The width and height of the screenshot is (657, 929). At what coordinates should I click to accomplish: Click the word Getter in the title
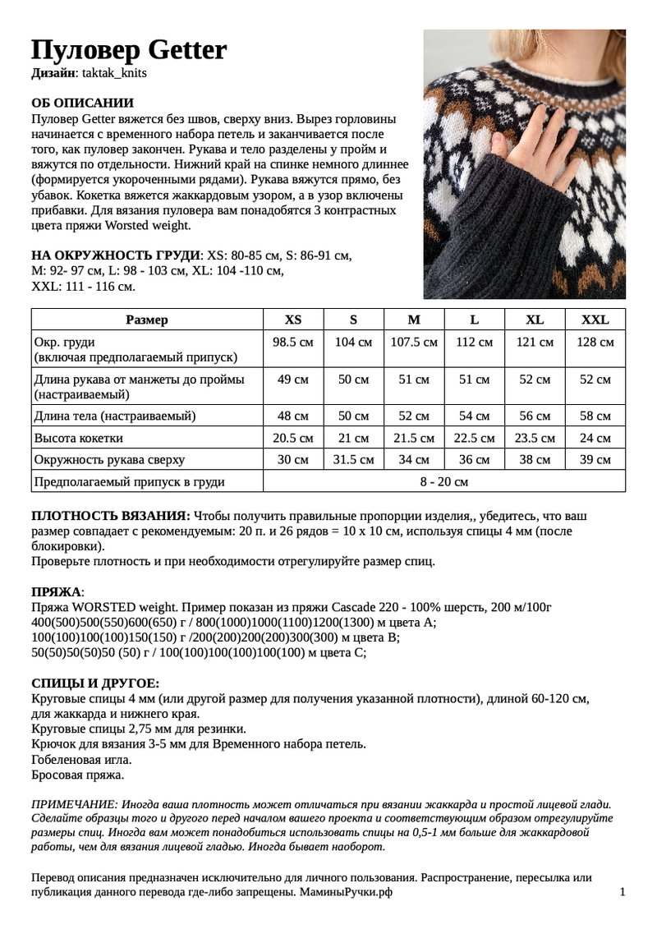coord(187,50)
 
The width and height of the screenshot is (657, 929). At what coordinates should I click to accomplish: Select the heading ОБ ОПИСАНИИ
coord(82,103)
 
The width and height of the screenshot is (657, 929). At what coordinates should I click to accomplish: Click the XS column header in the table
coord(292,320)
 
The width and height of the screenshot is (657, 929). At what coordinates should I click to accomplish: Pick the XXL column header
coord(595,320)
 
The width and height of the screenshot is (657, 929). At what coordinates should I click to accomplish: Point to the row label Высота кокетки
coord(77,438)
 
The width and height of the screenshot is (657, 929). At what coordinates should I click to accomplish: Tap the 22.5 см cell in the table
coord(474,438)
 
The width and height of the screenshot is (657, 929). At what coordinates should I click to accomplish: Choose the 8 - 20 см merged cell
coord(443,481)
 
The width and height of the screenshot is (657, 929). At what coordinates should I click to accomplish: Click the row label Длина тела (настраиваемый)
coord(114,416)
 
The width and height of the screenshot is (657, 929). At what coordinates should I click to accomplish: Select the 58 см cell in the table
coord(595,416)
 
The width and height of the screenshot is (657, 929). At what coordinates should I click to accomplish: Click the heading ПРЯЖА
coord(56,591)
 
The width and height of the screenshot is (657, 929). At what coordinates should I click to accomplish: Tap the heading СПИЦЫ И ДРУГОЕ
coord(95,683)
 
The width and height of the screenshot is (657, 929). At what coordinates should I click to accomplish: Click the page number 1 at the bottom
coord(623,892)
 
